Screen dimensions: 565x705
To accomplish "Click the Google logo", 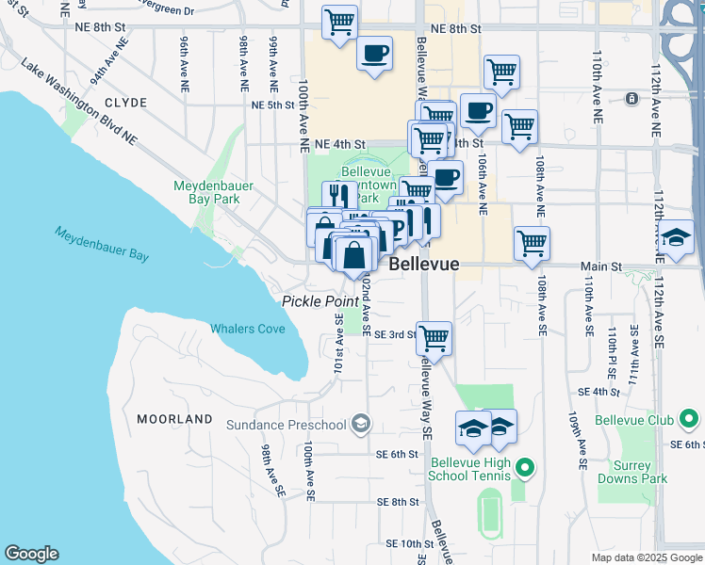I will tap(31, 554).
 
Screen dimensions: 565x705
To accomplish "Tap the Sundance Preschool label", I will tap(286, 425).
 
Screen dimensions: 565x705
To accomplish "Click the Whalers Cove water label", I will tap(248, 329).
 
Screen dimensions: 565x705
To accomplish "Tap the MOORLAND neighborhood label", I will tap(174, 418).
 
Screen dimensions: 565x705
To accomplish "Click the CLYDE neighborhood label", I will tap(125, 103).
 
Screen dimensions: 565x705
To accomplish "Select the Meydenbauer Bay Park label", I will tap(213, 192).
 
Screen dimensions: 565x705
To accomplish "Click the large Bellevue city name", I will tap(424, 264).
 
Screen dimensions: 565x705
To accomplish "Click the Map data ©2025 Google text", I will tap(647, 557).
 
